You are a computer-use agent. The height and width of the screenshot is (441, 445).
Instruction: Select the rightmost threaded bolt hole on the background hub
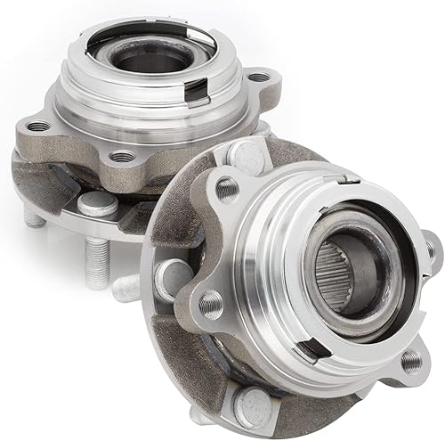[x=257, y=78]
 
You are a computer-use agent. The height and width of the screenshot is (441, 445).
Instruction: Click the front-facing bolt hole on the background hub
[x=124, y=157]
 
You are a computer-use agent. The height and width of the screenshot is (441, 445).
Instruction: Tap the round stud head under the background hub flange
[x=98, y=207]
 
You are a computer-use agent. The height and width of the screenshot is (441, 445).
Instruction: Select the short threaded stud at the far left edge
[x=31, y=216]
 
